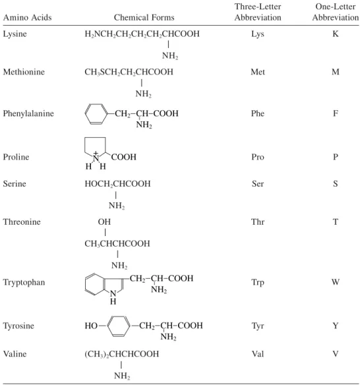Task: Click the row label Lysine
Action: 15,34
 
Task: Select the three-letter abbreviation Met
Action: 258,72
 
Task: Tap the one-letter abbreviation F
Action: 336,113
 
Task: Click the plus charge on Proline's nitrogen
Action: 96,153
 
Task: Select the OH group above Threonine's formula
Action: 104,222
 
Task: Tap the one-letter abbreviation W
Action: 336,282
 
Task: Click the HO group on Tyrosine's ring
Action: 91,326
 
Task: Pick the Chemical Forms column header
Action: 144,18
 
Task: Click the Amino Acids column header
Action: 27,18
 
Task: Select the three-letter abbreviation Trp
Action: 258,283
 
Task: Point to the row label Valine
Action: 15,354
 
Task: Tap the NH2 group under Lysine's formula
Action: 170,56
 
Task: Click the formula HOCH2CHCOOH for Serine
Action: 117,184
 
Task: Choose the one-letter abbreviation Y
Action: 336,326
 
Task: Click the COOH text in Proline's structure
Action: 124,157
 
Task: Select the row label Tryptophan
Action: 24,283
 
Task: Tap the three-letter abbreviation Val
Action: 258,354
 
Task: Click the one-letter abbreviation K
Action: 336,34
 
